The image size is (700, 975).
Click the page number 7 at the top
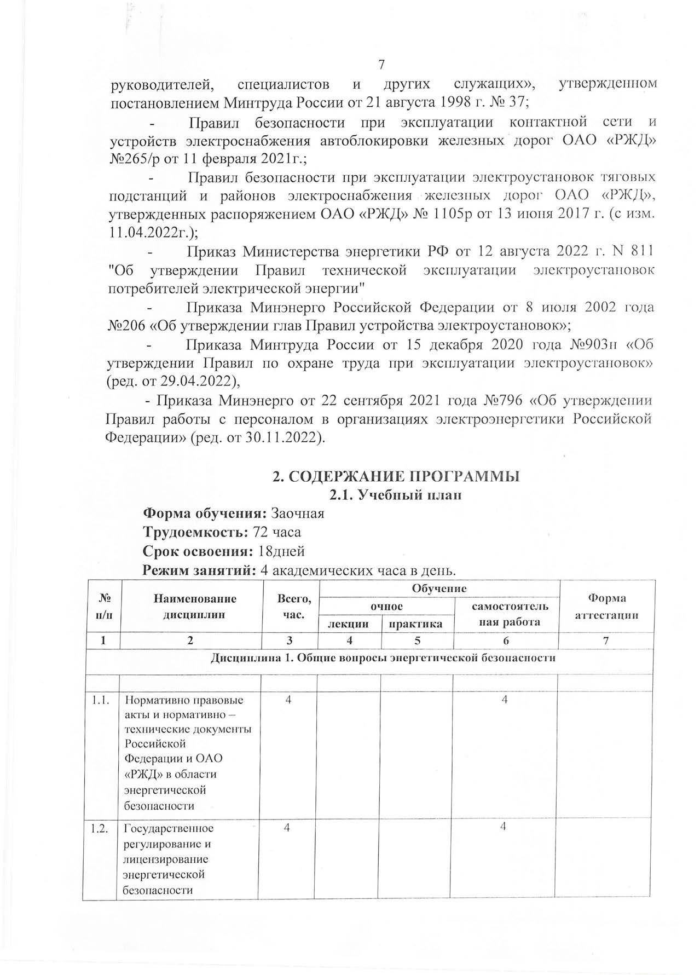(x=382, y=65)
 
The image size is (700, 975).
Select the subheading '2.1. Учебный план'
(x=395, y=495)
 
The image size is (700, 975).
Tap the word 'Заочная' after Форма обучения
(x=298, y=514)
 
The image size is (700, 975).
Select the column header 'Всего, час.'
(x=290, y=607)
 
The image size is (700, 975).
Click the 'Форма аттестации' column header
(x=606, y=607)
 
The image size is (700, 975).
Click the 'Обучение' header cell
(x=439, y=589)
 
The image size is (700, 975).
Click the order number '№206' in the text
(x=127, y=325)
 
